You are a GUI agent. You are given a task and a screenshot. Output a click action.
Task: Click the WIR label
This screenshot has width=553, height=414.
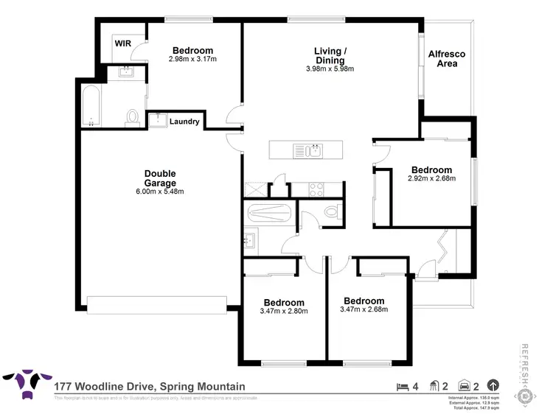122,43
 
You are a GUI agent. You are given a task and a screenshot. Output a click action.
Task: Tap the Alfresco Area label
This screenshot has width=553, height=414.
447,59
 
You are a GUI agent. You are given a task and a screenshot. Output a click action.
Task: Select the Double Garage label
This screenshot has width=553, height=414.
159,178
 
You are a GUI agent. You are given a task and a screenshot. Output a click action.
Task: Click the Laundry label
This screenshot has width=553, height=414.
184,122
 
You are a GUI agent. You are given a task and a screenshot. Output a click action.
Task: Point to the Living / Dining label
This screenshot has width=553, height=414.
327,56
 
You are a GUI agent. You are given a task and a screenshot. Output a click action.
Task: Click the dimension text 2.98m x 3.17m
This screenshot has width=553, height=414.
192,59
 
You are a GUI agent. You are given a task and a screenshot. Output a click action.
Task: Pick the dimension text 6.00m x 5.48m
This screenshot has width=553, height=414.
159,192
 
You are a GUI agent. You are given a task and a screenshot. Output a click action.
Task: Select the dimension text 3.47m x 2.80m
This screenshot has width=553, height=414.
284,312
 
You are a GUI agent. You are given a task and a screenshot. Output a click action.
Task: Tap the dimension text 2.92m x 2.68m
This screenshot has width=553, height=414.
431,178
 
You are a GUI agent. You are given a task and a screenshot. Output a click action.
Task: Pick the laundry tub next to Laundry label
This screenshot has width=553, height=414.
157,121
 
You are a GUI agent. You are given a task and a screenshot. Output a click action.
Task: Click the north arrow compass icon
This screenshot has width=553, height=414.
493,385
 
